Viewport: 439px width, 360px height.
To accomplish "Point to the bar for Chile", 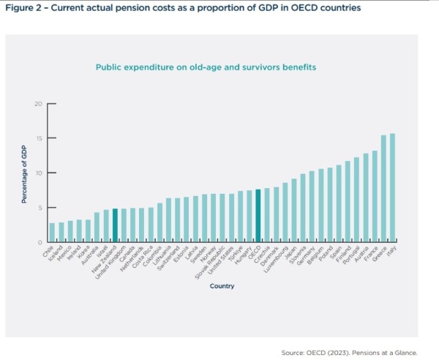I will coord(53,233).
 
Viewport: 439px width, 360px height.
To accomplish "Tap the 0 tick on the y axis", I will coord(40,242).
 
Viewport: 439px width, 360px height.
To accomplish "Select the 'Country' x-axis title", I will coord(222,286).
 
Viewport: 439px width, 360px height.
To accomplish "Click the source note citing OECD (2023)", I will coord(355,350).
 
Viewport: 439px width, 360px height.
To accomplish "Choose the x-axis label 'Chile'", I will coord(48,251).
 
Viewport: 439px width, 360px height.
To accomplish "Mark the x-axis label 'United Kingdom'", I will coord(109,260).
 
